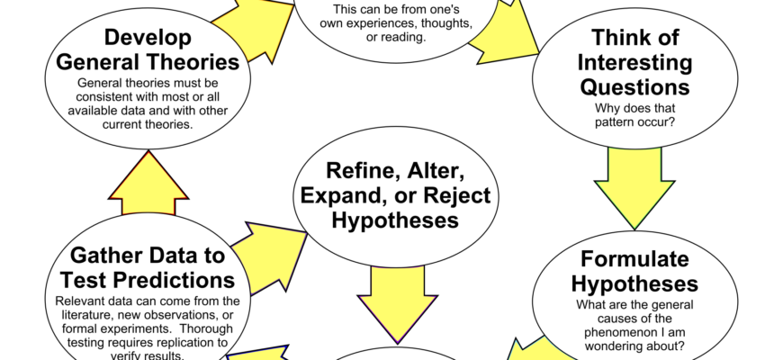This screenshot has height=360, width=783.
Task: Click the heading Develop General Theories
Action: pos(148,49)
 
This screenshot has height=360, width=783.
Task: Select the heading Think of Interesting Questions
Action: pos(634,62)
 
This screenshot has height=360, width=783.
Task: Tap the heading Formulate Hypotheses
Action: pos(634,272)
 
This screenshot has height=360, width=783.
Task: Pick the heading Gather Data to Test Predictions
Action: pos(148,267)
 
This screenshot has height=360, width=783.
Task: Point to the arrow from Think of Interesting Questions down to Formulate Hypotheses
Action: pos(634,188)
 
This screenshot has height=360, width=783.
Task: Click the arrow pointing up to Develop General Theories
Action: pos(148,183)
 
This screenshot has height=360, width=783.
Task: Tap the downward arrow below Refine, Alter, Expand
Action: pos(398,304)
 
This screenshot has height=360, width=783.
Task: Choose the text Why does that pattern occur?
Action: pos(634,115)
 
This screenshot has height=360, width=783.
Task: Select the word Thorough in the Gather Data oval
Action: pos(206,329)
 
